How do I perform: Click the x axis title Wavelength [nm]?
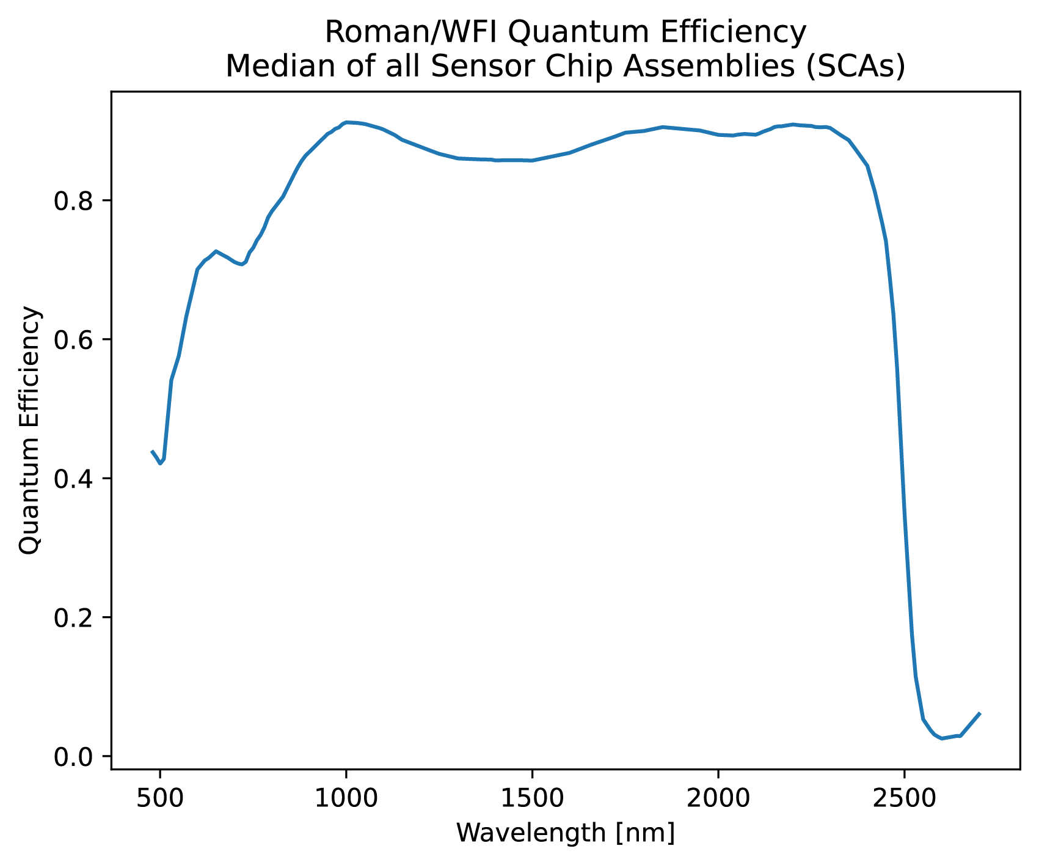coord(565,833)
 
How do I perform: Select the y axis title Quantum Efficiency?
coord(31,430)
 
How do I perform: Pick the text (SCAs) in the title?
coord(855,67)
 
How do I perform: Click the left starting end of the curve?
coord(151,451)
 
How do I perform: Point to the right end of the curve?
coord(980,713)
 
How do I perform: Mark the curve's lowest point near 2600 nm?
coord(942,738)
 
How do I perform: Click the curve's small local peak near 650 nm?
coord(216,251)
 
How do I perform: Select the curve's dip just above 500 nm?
coord(161,463)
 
